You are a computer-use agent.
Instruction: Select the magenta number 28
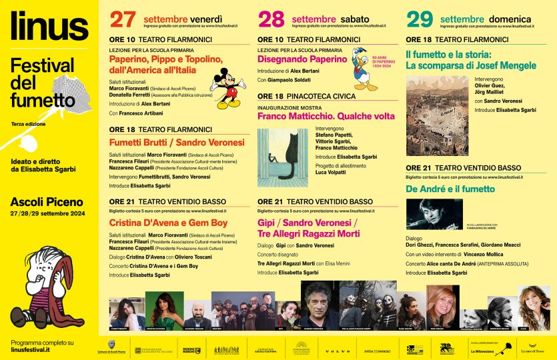coord(271,19)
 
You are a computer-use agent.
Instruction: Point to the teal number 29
coord(420,19)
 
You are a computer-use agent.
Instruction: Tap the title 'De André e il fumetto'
coord(450,189)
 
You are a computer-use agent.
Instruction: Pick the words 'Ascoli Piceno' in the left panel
coord(47,201)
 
